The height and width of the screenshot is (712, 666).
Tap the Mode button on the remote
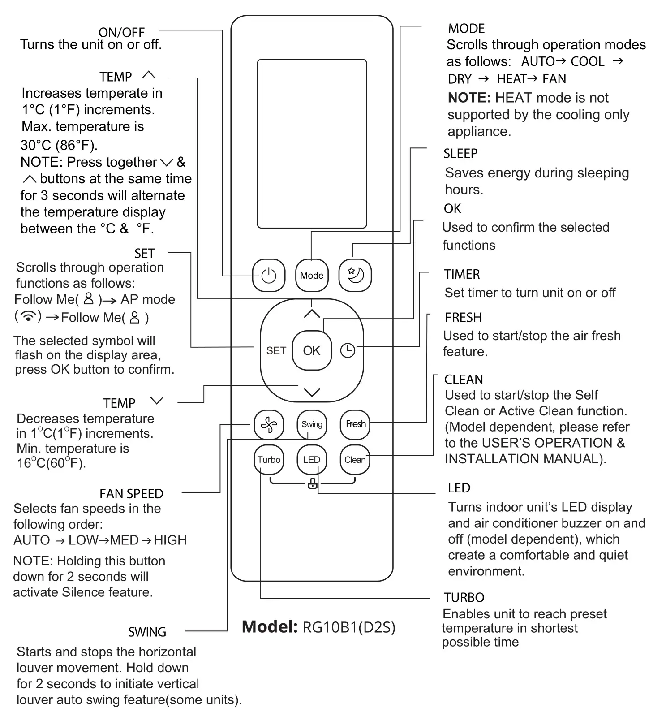click(312, 276)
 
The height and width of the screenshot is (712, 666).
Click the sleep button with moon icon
click(355, 275)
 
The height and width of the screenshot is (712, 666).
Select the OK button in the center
click(312, 350)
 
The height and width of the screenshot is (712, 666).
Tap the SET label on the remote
click(276, 351)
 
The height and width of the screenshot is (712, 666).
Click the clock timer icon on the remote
click(348, 350)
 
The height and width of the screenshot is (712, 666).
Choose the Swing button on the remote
click(312, 424)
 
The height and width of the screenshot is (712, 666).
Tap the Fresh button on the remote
click(355, 424)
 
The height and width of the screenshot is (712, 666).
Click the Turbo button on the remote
click(269, 460)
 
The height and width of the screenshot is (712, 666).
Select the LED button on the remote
click(312, 460)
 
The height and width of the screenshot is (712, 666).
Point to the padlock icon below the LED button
click(313, 483)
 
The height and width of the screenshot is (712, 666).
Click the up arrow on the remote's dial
click(312, 314)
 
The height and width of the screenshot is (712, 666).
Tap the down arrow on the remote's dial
click(312, 393)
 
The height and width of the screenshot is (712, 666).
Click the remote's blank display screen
click(312, 143)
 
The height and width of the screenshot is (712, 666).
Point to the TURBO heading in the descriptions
click(464, 597)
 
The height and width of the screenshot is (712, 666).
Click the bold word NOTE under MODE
click(469, 98)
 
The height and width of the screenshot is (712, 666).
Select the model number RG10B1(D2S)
click(349, 627)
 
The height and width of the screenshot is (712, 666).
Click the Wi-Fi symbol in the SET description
click(29, 316)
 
